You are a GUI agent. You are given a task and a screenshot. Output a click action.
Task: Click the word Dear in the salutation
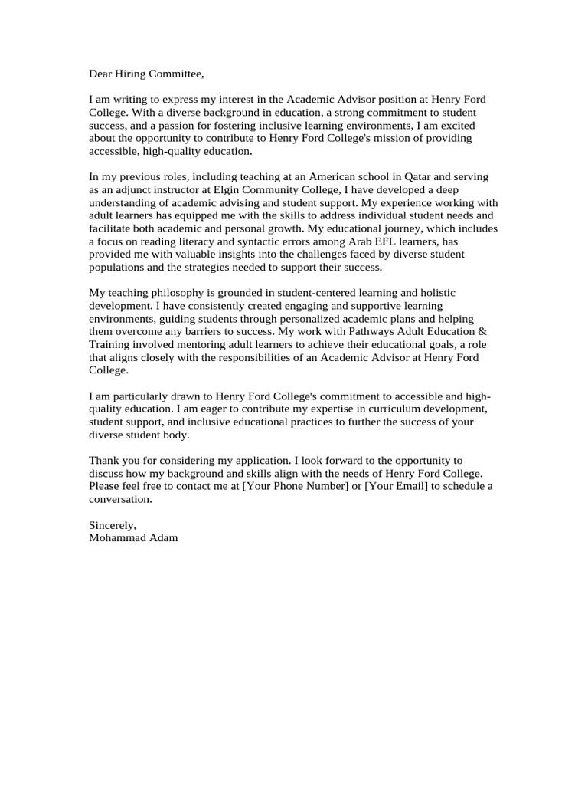pyautogui.click(x=102, y=74)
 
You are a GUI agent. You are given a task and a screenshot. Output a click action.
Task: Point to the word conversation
pyautogui.click(x=120, y=500)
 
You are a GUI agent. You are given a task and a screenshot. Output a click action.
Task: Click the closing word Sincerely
pyautogui.click(x=113, y=525)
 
